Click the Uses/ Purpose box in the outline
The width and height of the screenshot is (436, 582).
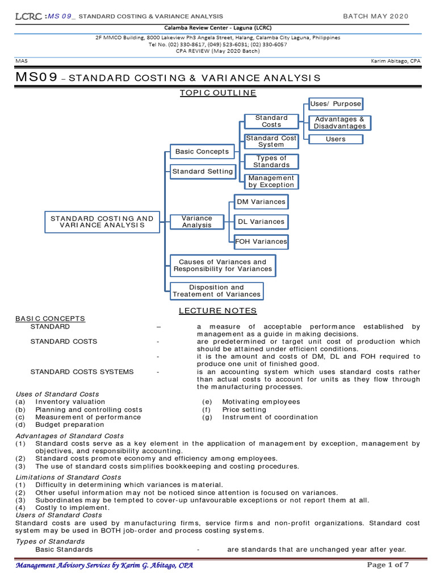click(x=336, y=104)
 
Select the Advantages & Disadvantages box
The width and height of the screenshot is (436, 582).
click(x=340, y=123)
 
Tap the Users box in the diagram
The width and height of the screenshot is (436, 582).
click(x=336, y=139)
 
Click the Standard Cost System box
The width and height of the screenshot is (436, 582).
click(x=271, y=142)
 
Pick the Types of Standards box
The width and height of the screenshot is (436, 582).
click(x=271, y=161)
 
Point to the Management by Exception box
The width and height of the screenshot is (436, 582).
click(x=271, y=181)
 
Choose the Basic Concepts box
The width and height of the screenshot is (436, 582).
click(x=202, y=152)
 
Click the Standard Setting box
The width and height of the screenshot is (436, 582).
click(x=203, y=171)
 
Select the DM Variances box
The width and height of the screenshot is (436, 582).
click(x=261, y=202)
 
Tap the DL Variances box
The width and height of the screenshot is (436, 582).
click(x=261, y=222)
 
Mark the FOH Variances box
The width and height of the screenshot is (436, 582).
click(x=261, y=242)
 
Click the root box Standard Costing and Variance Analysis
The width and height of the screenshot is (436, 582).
click(x=102, y=222)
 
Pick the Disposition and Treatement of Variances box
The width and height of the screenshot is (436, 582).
click(x=216, y=290)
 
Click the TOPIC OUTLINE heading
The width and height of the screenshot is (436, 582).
click(x=217, y=93)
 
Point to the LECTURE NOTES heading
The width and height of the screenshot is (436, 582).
click(x=217, y=311)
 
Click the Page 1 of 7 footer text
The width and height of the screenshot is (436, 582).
click(x=388, y=564)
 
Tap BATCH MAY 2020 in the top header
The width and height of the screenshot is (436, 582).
click(x=375, y=16)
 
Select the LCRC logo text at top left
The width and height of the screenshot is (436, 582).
click(x=28, y=16)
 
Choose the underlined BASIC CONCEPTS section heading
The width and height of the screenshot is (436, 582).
click(x=50, y=319)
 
